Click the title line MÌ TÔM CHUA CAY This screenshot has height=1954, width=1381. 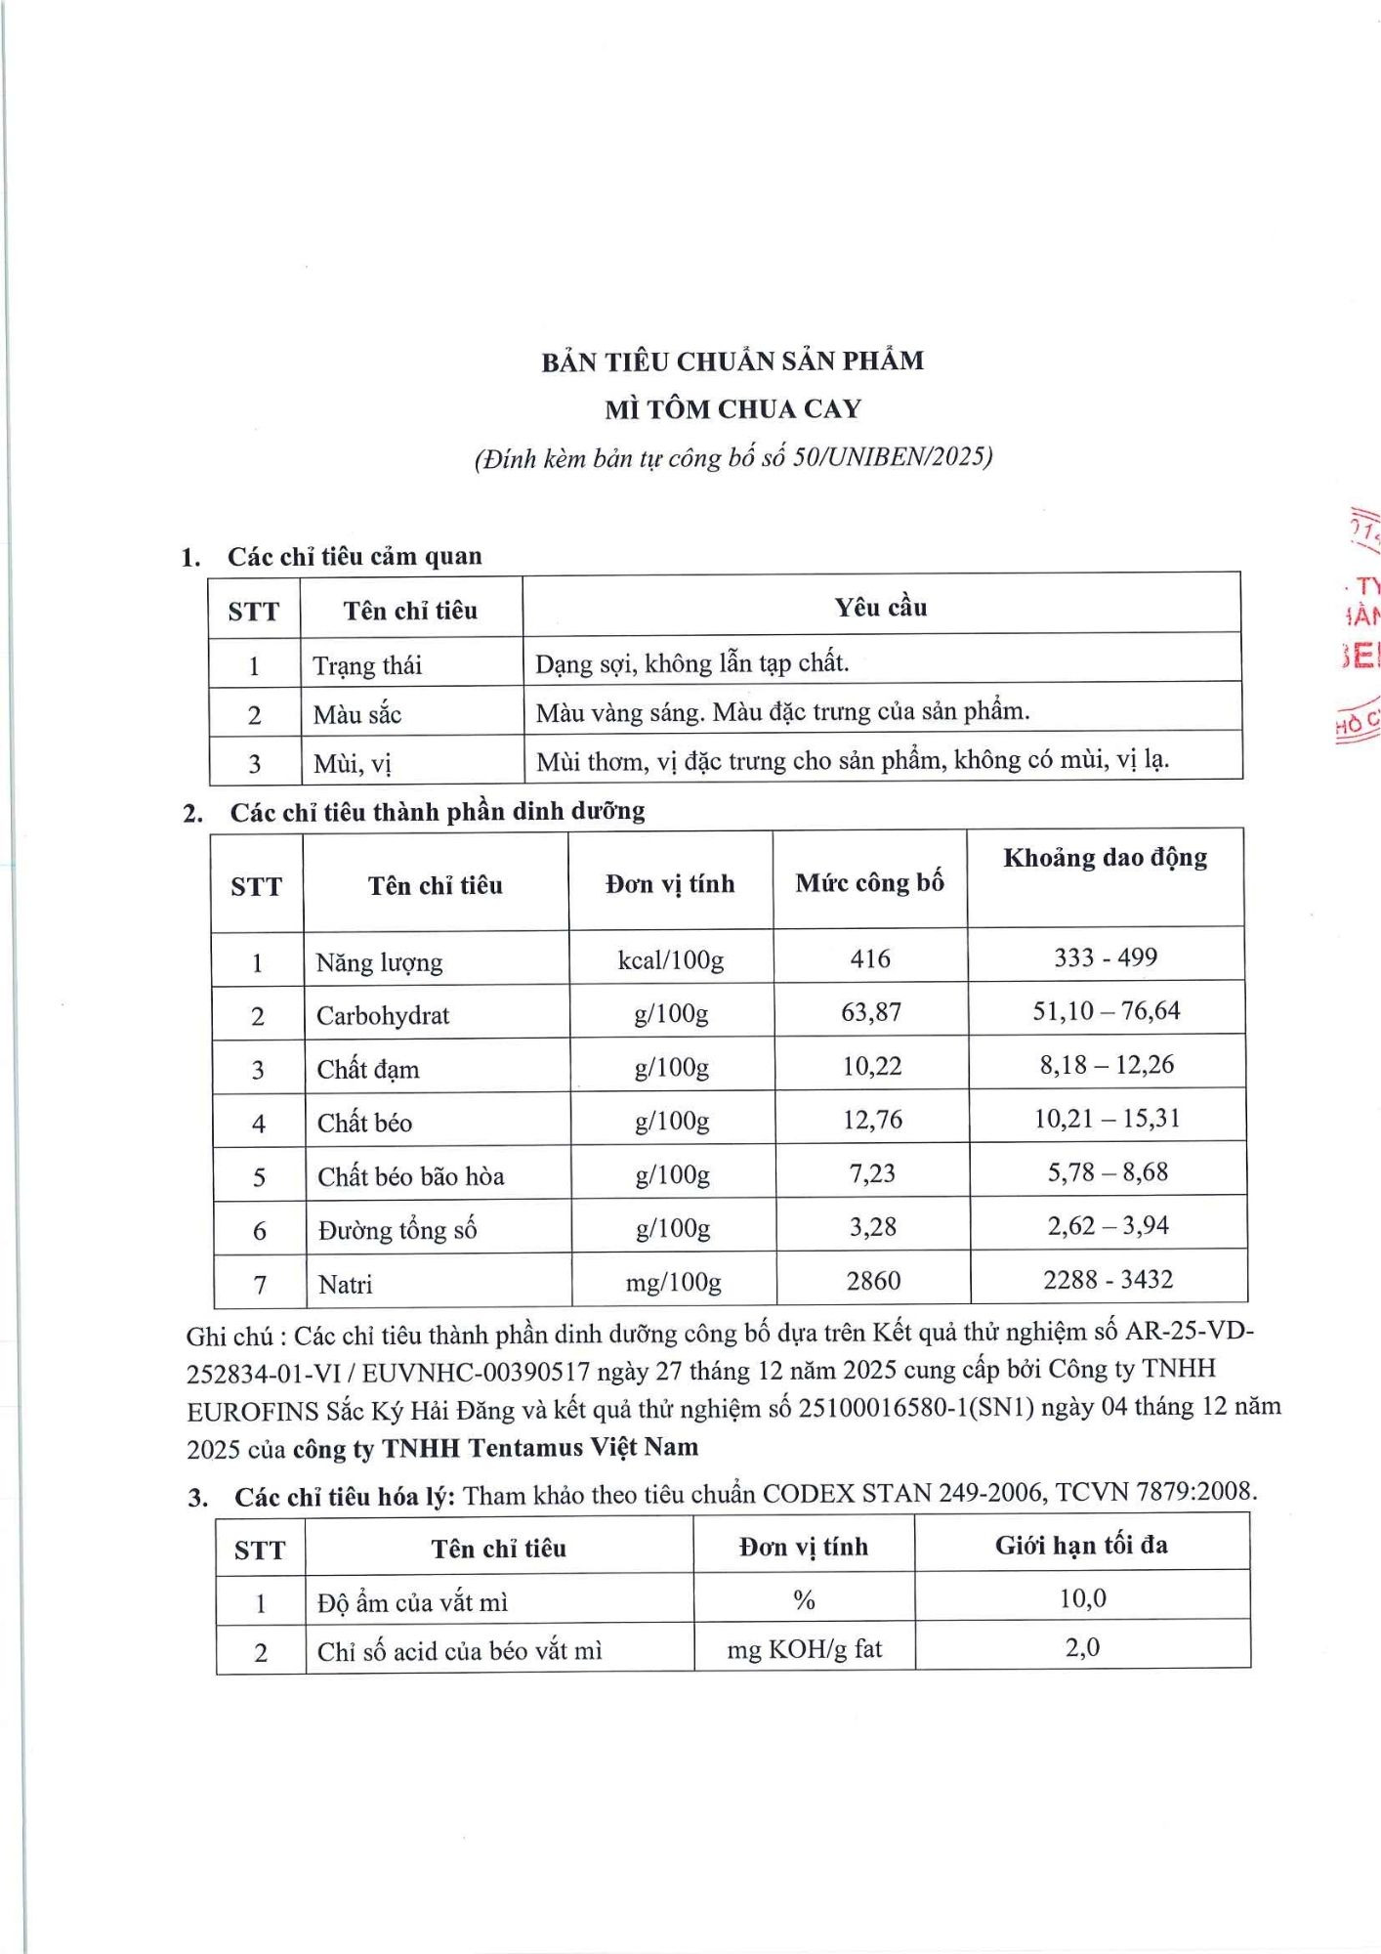[x=732, y=408]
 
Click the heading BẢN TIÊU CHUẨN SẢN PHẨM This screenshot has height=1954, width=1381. [x=732, y=361]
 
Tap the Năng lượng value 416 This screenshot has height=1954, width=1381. [x=869, y=958]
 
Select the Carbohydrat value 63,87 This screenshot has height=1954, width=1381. [x=871, y=1012]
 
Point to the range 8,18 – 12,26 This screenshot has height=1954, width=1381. [x=1107, y=1065]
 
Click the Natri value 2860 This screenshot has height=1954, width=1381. [x=873, y=1280]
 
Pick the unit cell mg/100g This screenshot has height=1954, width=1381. [x=673, y=1281]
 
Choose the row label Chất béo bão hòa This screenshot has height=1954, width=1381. [x=410, y=1176]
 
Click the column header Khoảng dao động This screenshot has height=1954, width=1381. [x=1105, y=858]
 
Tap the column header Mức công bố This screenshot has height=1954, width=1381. [x=869, y=883]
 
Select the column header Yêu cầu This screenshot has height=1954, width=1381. [x=880, y=608]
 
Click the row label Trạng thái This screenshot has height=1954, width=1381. [x=367, y=666]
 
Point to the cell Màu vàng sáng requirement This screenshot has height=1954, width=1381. [x=782, y=712]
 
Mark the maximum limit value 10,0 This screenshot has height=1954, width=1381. [x=1082, y=1598]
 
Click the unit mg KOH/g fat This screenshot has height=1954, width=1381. [x=804, y=1649]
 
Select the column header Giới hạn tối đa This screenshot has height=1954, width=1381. [x=1081, y=1546]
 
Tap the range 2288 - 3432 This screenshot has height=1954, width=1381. [x=1108, y=1279]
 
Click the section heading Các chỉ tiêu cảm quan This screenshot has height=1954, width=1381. [x=355, y=557]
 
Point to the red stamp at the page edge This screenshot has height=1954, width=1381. [x=1360, y=625]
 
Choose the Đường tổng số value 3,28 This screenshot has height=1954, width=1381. [x=872, y=1227]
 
